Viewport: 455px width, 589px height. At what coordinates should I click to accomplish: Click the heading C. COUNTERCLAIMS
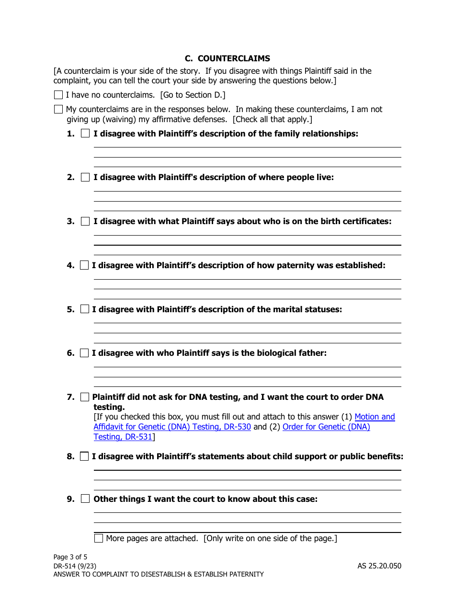tap(227, 58)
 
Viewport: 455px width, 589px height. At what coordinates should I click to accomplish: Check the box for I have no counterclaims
tap(58, 95)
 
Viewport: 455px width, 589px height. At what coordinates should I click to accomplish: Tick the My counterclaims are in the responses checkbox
tap(58, 109)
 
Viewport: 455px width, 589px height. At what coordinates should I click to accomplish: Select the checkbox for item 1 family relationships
tap(85, 134)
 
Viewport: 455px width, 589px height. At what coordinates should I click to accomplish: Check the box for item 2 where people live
tap(85, 177)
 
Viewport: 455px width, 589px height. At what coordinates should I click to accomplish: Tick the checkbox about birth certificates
tap(85, 221)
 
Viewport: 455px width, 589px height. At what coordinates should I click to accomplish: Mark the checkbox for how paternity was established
tap(84, 265)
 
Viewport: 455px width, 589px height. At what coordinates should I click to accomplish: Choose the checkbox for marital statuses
tap(84, 309)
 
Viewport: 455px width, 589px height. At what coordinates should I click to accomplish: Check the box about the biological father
tap(84, 353)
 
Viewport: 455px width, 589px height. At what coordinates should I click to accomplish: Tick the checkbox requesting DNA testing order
tap(84, 397)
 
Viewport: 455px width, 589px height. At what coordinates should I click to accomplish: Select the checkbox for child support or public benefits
tap(84, 456)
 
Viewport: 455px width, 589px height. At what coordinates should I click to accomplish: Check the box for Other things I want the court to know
tap(85, 499)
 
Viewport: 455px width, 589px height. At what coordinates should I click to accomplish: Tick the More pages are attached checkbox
tap(99, 538)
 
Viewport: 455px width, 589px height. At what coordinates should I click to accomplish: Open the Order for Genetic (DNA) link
tap(326, 427)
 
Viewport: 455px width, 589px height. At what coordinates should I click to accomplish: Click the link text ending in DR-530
tap(172, 427)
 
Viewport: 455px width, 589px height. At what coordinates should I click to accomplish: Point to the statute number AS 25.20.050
tap(379, 566)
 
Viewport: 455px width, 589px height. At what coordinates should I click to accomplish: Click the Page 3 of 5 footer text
tap(70, 557)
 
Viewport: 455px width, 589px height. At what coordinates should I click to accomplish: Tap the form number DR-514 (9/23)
tap(71, 566)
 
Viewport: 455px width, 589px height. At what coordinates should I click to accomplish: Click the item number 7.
tap(70, 397)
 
